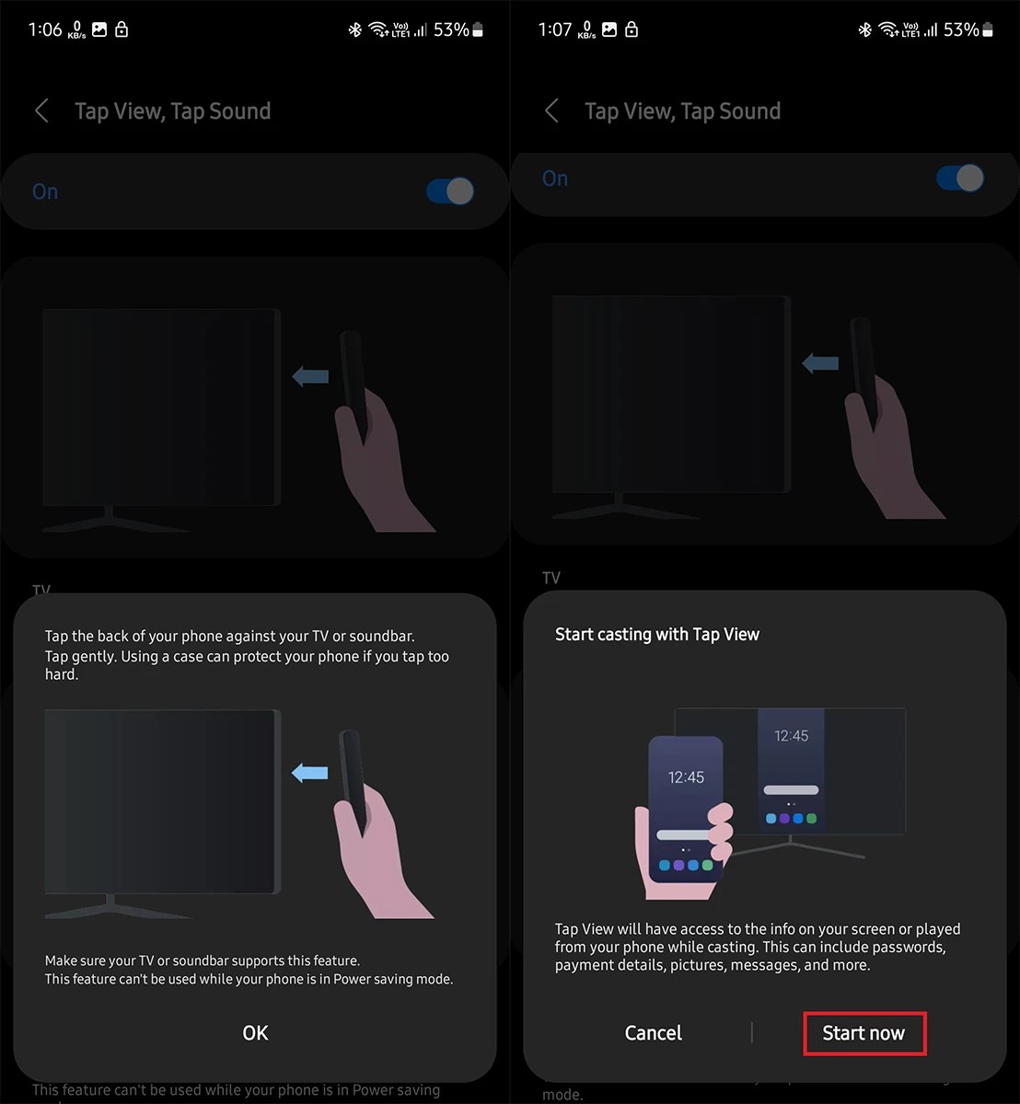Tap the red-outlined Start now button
pos(864,1033)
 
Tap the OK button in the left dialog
pos(255,1033)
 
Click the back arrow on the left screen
pos(41,111)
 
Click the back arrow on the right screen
pos(551,111)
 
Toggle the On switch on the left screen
pos(450,191)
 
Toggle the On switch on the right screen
pos(960,178)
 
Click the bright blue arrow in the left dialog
pos(309,773)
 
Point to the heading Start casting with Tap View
pos(657,634)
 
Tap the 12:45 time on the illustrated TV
pos(791,736)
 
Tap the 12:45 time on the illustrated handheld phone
pos(686,777)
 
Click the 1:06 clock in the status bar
pos(45,30)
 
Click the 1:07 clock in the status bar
pos(555,30)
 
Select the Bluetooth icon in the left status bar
pos(354,30)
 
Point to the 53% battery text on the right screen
pos(960,30)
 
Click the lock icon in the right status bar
pos(632,30)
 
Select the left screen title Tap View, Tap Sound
pos(172,111)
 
